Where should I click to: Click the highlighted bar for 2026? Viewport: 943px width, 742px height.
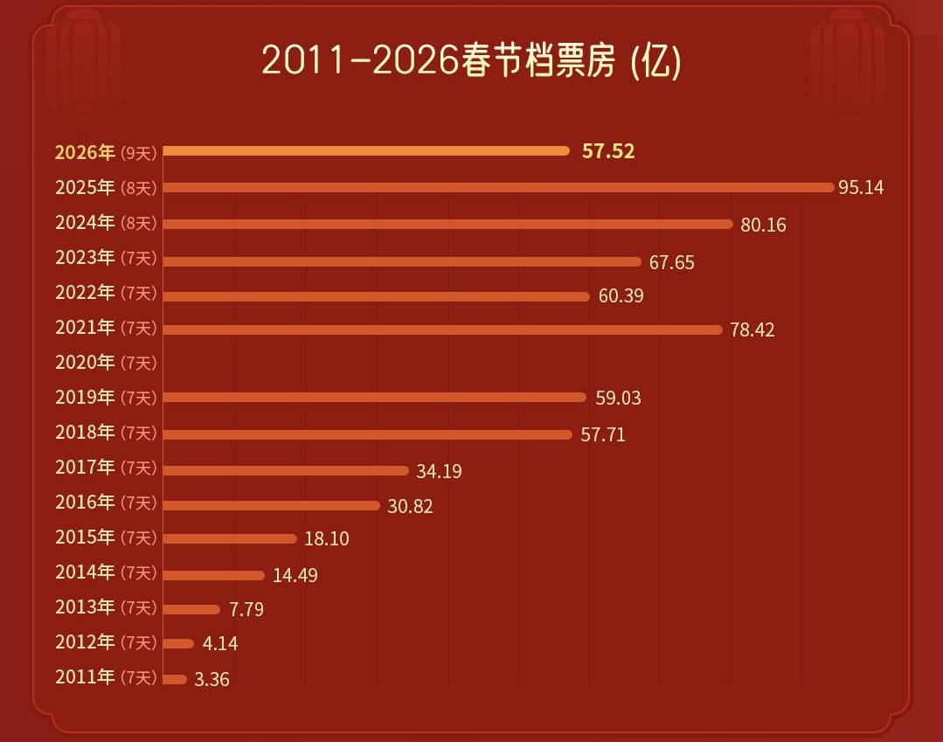366,150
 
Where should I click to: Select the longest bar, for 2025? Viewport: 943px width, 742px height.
498,187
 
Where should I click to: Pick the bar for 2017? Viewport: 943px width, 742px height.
286,470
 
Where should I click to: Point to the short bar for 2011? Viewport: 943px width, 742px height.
175,679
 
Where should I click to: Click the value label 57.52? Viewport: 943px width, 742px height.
608,151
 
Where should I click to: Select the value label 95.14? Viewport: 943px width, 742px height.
861,188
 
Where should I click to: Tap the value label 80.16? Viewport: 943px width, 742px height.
763,225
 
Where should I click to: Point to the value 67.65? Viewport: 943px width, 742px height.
671,262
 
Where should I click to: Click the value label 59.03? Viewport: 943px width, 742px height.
618,399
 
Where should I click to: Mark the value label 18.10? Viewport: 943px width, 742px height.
326,539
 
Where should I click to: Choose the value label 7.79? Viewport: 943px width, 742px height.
246,609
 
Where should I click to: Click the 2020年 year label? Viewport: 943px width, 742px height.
85,362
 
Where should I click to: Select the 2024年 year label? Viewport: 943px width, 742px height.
85,222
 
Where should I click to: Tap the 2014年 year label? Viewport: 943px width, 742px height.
85,572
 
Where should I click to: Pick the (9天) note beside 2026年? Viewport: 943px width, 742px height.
138,153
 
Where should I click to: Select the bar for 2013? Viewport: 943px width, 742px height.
191,609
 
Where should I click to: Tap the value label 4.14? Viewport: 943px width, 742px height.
219,644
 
